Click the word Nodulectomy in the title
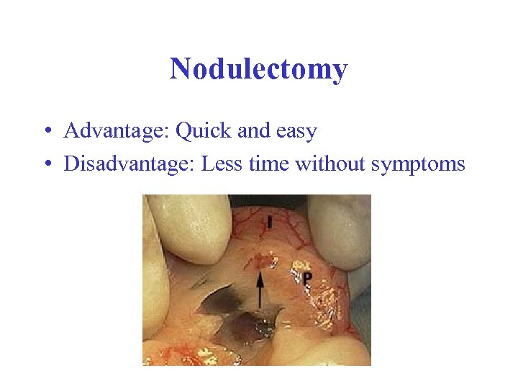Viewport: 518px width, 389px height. coord(258,69)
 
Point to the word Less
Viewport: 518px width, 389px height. coord(221,164)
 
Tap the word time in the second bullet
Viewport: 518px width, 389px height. coord(270,164)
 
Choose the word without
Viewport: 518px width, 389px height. coord(330,164)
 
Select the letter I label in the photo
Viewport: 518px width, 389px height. coord(269,222)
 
